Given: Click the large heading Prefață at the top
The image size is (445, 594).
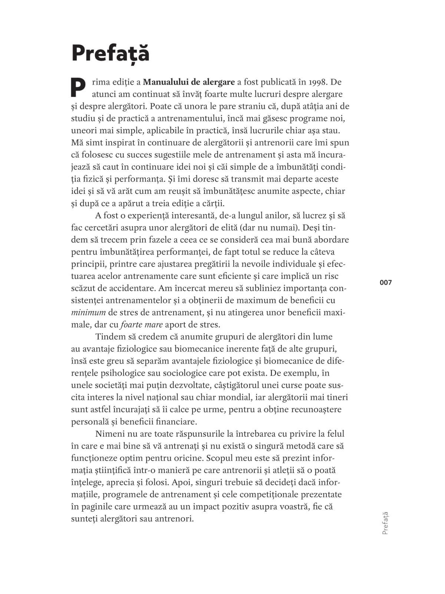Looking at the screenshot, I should pos(111,53).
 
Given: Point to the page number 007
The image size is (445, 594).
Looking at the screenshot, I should pos(386,283).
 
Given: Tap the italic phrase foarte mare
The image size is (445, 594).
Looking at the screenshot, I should pos(142,324).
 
